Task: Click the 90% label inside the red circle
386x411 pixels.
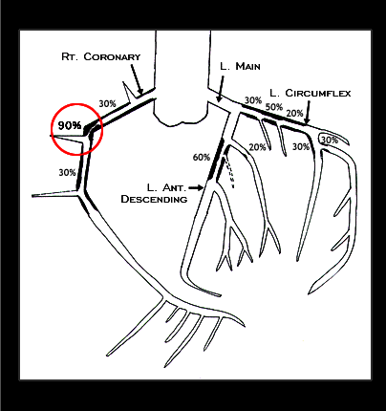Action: coord(70,125)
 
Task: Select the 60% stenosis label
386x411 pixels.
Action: coord(202,157)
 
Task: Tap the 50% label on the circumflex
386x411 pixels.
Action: coord(274,107)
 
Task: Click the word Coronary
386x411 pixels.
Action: coord(112,56)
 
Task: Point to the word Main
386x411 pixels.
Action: coord(247,66)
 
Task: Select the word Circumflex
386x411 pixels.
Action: coord(318,93)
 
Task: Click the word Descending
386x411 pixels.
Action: coord(154,199)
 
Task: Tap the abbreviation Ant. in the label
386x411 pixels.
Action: coord(174,187)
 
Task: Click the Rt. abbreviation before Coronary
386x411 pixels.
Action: coord(70,56)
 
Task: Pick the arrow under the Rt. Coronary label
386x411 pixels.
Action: coord(137,79)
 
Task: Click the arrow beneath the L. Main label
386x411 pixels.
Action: coord(221,89)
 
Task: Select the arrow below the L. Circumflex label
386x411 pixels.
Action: coord(308,113)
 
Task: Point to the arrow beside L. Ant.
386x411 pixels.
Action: coord(196,187)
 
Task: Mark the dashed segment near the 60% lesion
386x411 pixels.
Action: coord(230,174)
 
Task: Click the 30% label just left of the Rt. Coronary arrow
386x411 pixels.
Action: coord(107,103)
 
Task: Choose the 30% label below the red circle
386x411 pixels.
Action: coord(67,172)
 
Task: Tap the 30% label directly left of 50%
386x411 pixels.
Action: coord(253,100)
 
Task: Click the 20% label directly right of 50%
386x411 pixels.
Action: coord(294,113)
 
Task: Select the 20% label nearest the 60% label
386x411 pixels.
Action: coord(257,147)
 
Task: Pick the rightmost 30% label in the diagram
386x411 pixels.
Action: coord(330,140)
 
